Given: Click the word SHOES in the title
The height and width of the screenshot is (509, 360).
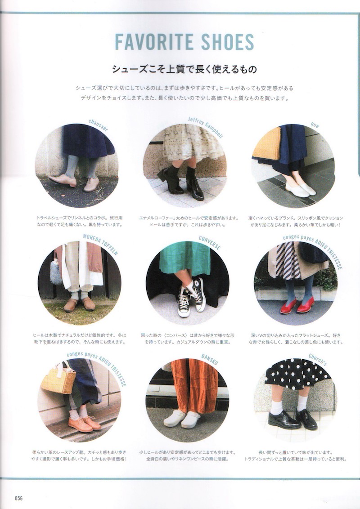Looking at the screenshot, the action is (x=227, y=41).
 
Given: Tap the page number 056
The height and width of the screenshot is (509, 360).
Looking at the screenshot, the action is (x=18, y=498).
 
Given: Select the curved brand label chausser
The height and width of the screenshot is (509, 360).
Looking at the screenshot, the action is (x=98, y=125).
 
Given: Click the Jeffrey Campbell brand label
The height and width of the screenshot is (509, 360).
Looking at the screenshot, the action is (x=205, y=127).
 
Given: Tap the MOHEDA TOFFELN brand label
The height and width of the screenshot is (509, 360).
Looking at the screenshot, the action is (x=100, y=244).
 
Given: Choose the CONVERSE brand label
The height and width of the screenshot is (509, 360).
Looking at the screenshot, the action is (x=210, y=242).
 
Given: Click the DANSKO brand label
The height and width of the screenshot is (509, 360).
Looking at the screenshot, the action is (x=210, y=359).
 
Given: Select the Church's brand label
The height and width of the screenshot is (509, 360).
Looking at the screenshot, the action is (x=317, y=359).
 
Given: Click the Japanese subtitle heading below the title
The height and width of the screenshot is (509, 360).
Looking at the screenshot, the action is (x=184, y=69).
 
